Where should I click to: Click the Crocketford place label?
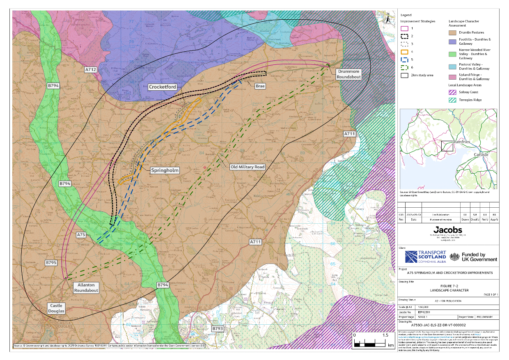[163, 87]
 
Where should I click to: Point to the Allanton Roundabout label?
[86, 287]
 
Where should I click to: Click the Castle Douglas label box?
[57, 308]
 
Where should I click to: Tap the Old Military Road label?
[248, 167]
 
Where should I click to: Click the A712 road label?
[91, 70]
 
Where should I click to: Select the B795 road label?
[51, 262]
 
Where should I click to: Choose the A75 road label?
[81, 234]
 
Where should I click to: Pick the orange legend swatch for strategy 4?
[405, 52]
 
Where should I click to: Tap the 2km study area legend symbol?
[405, 76]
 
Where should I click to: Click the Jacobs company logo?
[447, 229]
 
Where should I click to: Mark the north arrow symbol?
[387, 17]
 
